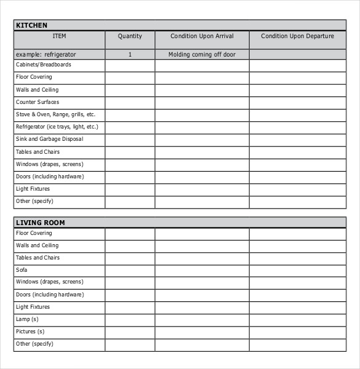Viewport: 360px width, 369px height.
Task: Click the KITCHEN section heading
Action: tap(31, 25)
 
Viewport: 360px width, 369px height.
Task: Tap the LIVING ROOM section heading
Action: tap(40, 223)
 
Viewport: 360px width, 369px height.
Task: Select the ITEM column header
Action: tap(59, 36)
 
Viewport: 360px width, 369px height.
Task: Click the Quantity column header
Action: tap(130, 36)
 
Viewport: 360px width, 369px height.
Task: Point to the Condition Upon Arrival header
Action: tap(202, 36)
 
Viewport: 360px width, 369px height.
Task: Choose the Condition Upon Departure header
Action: tap(297, 36)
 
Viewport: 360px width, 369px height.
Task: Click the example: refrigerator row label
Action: tap(46, 55)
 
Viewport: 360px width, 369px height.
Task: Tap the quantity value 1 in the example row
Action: tap(130, 55)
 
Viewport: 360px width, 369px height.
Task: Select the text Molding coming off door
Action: tap(202, 55)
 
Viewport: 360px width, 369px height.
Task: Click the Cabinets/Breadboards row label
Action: tap(44, 65)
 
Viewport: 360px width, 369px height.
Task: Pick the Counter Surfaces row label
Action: tap(38, 102)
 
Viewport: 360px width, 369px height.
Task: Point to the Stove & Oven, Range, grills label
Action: tap(55, 114)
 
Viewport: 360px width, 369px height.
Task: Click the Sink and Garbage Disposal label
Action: tap(49, 139)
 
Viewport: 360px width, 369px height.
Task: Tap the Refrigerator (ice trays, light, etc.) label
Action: tap(57, 127)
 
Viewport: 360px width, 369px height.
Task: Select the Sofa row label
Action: tap(22, 270)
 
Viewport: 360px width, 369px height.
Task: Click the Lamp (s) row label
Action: tap(27, 319)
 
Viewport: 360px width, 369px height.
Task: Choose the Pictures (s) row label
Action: tap(30, 331)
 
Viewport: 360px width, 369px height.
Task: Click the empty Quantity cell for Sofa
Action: tap(130, 271)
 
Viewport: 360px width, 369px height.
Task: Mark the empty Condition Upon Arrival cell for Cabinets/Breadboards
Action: tap(202, 65)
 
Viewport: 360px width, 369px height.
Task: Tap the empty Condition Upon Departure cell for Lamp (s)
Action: tap(297, 320)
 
